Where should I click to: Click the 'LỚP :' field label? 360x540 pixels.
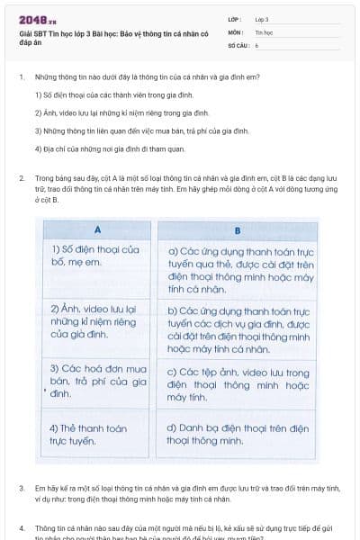click(235, 19)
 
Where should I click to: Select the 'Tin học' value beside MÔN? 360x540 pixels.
click(262, 31)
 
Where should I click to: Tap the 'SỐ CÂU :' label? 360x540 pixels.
click(238, 43)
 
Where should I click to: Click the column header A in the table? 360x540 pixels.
click(96, 229)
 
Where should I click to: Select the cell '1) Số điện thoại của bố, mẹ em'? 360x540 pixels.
click(96, 256)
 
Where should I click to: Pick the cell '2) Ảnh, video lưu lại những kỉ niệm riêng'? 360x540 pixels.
click(96, 322)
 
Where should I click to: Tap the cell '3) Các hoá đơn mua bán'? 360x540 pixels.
click(96, 381)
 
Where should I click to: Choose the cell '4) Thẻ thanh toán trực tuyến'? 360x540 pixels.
click(96, 435)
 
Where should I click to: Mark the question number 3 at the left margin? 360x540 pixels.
click(21, 488)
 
